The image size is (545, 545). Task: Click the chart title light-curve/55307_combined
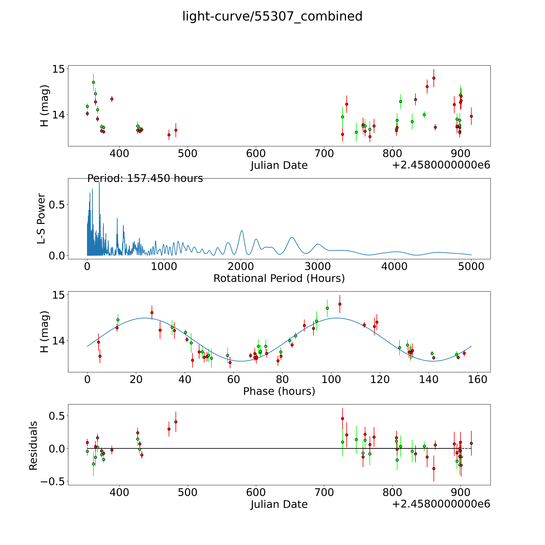272,16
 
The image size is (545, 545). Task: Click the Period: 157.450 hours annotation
145,179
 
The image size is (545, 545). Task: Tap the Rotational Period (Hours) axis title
279,278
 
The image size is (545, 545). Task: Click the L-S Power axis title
41,219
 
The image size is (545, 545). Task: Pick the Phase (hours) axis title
279,391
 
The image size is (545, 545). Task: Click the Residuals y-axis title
33,446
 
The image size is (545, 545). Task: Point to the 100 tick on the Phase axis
331,379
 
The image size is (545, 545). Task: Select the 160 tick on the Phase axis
477,379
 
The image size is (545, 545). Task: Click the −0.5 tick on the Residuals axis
52,482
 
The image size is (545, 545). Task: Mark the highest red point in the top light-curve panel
434,78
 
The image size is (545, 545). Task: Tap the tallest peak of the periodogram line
99,183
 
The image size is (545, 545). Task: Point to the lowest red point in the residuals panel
434,469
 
